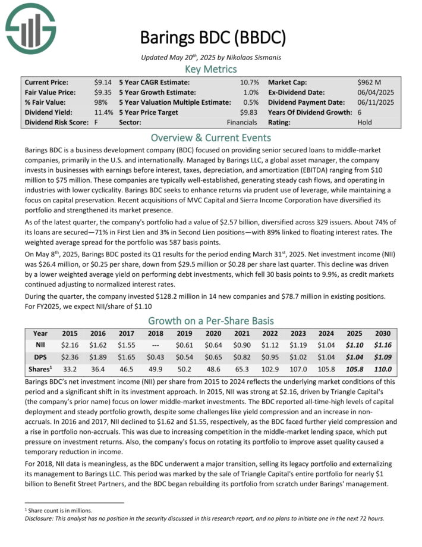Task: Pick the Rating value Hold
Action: [366, 122]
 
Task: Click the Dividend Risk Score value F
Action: [96, 122]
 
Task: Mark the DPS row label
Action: [40, 356]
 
